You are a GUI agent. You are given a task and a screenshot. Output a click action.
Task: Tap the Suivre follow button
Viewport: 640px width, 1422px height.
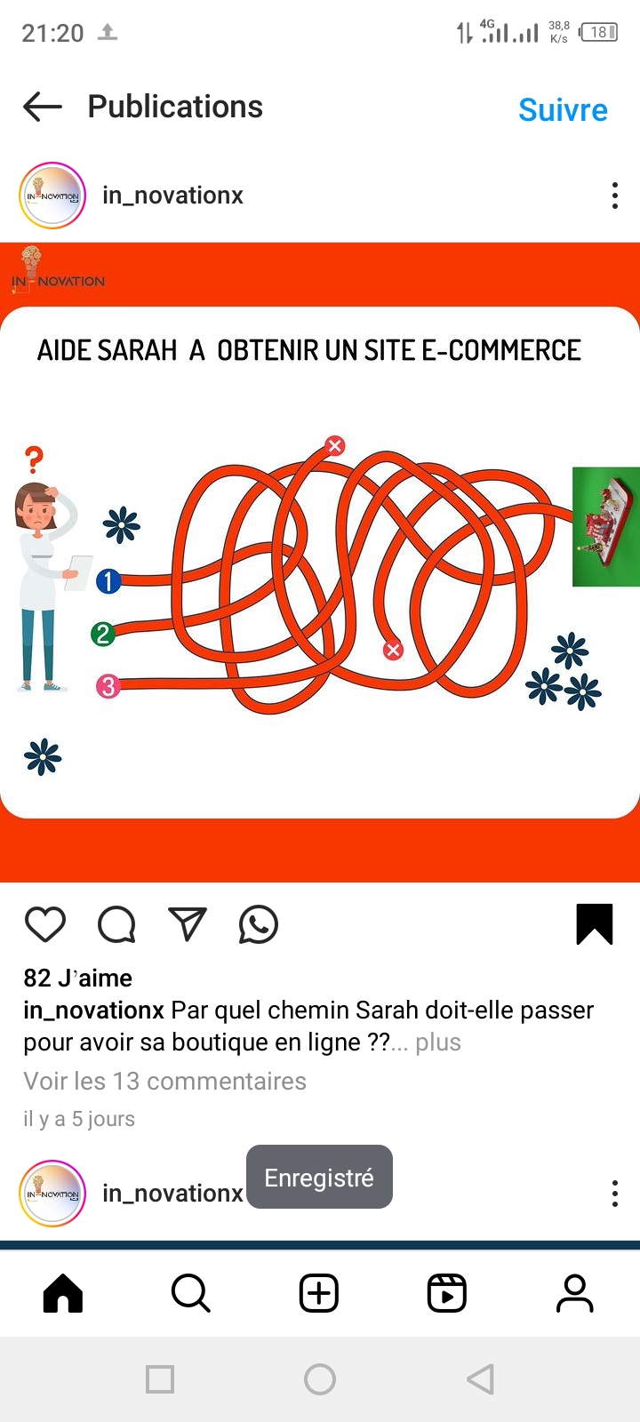click(x=564, y=110)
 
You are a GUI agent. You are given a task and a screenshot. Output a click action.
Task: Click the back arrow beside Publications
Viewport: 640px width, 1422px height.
click(x=43, y=107)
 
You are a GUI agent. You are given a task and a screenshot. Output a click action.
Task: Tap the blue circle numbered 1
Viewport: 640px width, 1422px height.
click(x=108, y=581)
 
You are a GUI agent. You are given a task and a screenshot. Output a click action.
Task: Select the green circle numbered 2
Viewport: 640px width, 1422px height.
click(x=103, y=634)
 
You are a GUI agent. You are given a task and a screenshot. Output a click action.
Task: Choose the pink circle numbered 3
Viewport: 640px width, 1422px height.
click(x=108, y=685)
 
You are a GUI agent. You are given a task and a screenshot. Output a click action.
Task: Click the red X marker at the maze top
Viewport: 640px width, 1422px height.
click(x=335, y=445)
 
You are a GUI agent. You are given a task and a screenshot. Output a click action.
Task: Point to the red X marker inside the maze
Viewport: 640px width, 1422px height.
click(x=393, y=650)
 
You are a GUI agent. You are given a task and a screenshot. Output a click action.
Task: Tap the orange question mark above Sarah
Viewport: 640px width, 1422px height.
click(x=35, y=459)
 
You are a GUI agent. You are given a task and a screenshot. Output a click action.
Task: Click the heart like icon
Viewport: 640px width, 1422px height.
click(x=45, y=924)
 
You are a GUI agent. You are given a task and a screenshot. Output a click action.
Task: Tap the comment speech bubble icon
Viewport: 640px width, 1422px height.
click(x=116, y=924)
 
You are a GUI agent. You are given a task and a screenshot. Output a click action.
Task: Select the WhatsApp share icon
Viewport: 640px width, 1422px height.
click(x=259, y=924)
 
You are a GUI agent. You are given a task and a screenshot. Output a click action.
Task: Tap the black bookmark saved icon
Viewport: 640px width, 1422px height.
click(x=595, y=924)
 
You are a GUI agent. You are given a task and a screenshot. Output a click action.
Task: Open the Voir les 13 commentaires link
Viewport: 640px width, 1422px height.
click(x=165, y=1081)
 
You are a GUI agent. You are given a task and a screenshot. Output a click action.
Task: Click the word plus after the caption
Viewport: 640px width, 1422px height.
click(x=438, y=1043)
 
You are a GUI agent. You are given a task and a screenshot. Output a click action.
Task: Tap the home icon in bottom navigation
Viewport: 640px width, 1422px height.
click(x=63, y=1293)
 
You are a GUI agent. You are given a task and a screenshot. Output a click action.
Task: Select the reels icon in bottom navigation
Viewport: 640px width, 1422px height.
click(x=447, y=1293)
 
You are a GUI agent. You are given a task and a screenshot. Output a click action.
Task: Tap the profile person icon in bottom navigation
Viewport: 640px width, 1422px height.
click(x=575, y=1293)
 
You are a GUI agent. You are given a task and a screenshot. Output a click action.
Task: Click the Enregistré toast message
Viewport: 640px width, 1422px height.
click(x=319, y=1178)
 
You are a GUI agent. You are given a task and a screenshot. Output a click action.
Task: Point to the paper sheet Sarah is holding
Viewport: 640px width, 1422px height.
click(x=79, y=572)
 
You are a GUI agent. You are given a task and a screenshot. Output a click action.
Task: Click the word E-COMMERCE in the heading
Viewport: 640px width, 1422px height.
click(x=501, y=350)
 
